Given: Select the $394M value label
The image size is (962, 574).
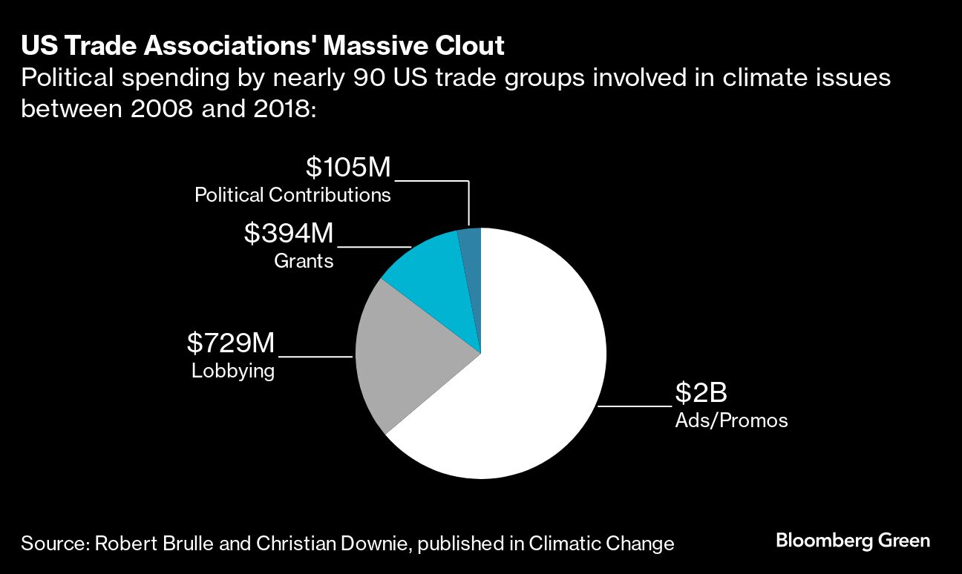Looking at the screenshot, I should tap(289, 234).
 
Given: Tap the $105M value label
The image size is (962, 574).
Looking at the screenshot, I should tap(348, 168).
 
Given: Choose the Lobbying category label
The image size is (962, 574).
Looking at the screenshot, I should tap(233, 371).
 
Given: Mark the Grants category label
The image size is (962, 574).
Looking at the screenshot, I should tap(304, 261).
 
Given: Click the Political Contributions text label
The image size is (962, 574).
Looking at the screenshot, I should tap(292, 195).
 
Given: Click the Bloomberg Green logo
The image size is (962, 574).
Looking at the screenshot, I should tap(853, 541).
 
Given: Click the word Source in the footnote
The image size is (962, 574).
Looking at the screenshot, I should tap(53, 544).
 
